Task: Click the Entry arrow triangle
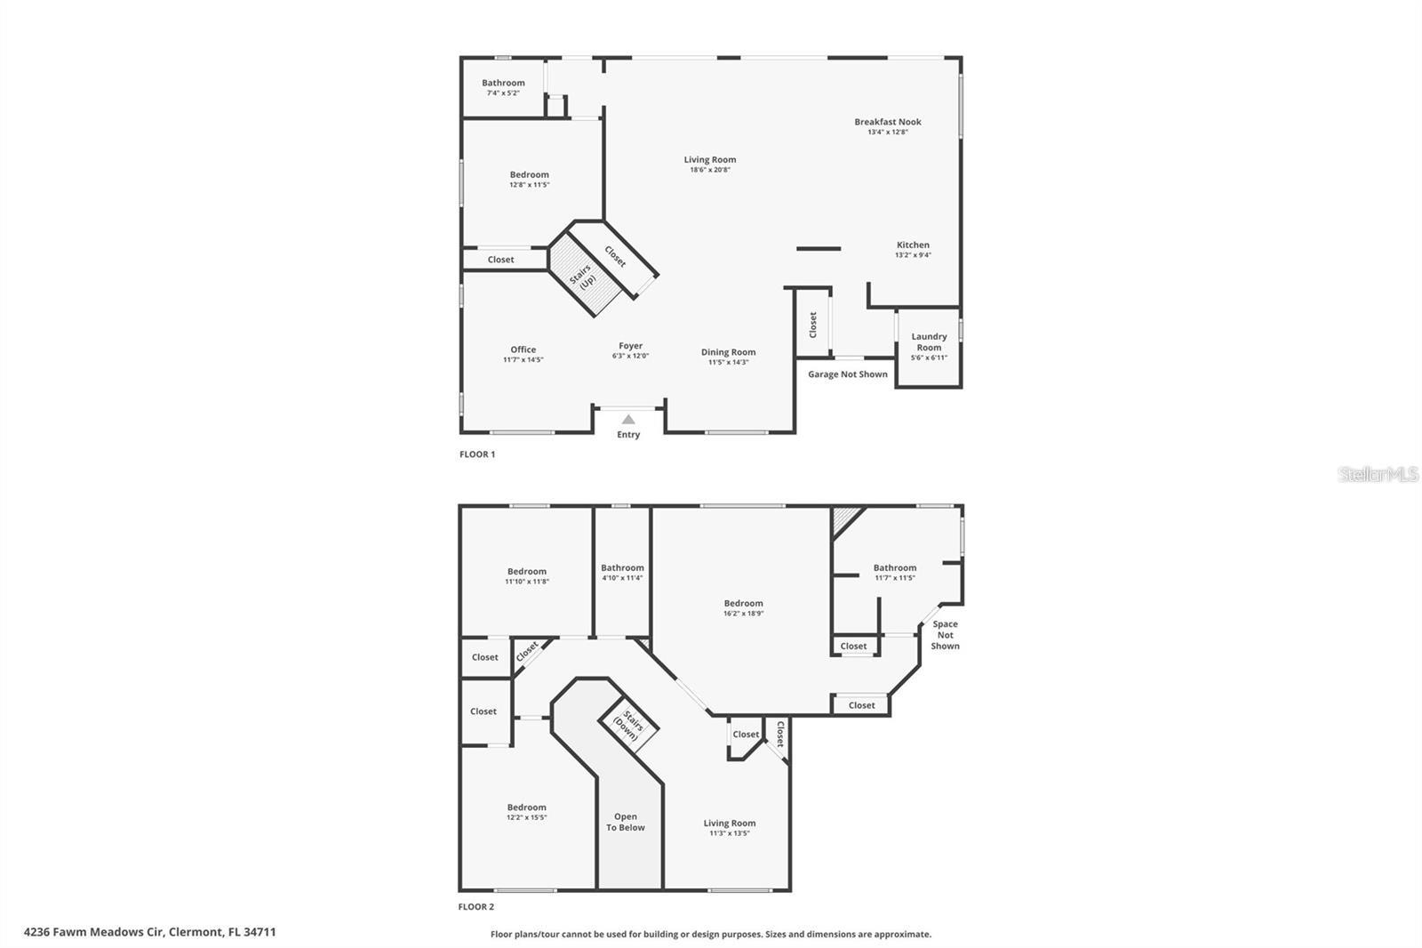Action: point(628,420)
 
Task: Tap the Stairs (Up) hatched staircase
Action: point(583,276)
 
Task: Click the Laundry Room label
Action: point(929,341)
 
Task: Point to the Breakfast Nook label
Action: point(887,122)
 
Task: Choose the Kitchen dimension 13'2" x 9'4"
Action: point(913,255)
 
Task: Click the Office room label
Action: point(523,349)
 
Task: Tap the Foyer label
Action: point(630,346)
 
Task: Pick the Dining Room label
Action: point(728,352)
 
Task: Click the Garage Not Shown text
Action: point(847,374)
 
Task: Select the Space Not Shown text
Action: point(945,635)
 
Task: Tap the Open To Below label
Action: point(626,822)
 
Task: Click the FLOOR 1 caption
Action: point(477,454)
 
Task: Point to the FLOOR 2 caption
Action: point(476,907)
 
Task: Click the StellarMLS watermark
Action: point(1378,475)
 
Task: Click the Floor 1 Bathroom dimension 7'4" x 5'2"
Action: point(503,92)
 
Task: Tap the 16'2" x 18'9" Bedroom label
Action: point(743,603)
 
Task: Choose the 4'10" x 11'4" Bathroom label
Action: point(622,567)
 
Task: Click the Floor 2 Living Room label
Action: point(730,823)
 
